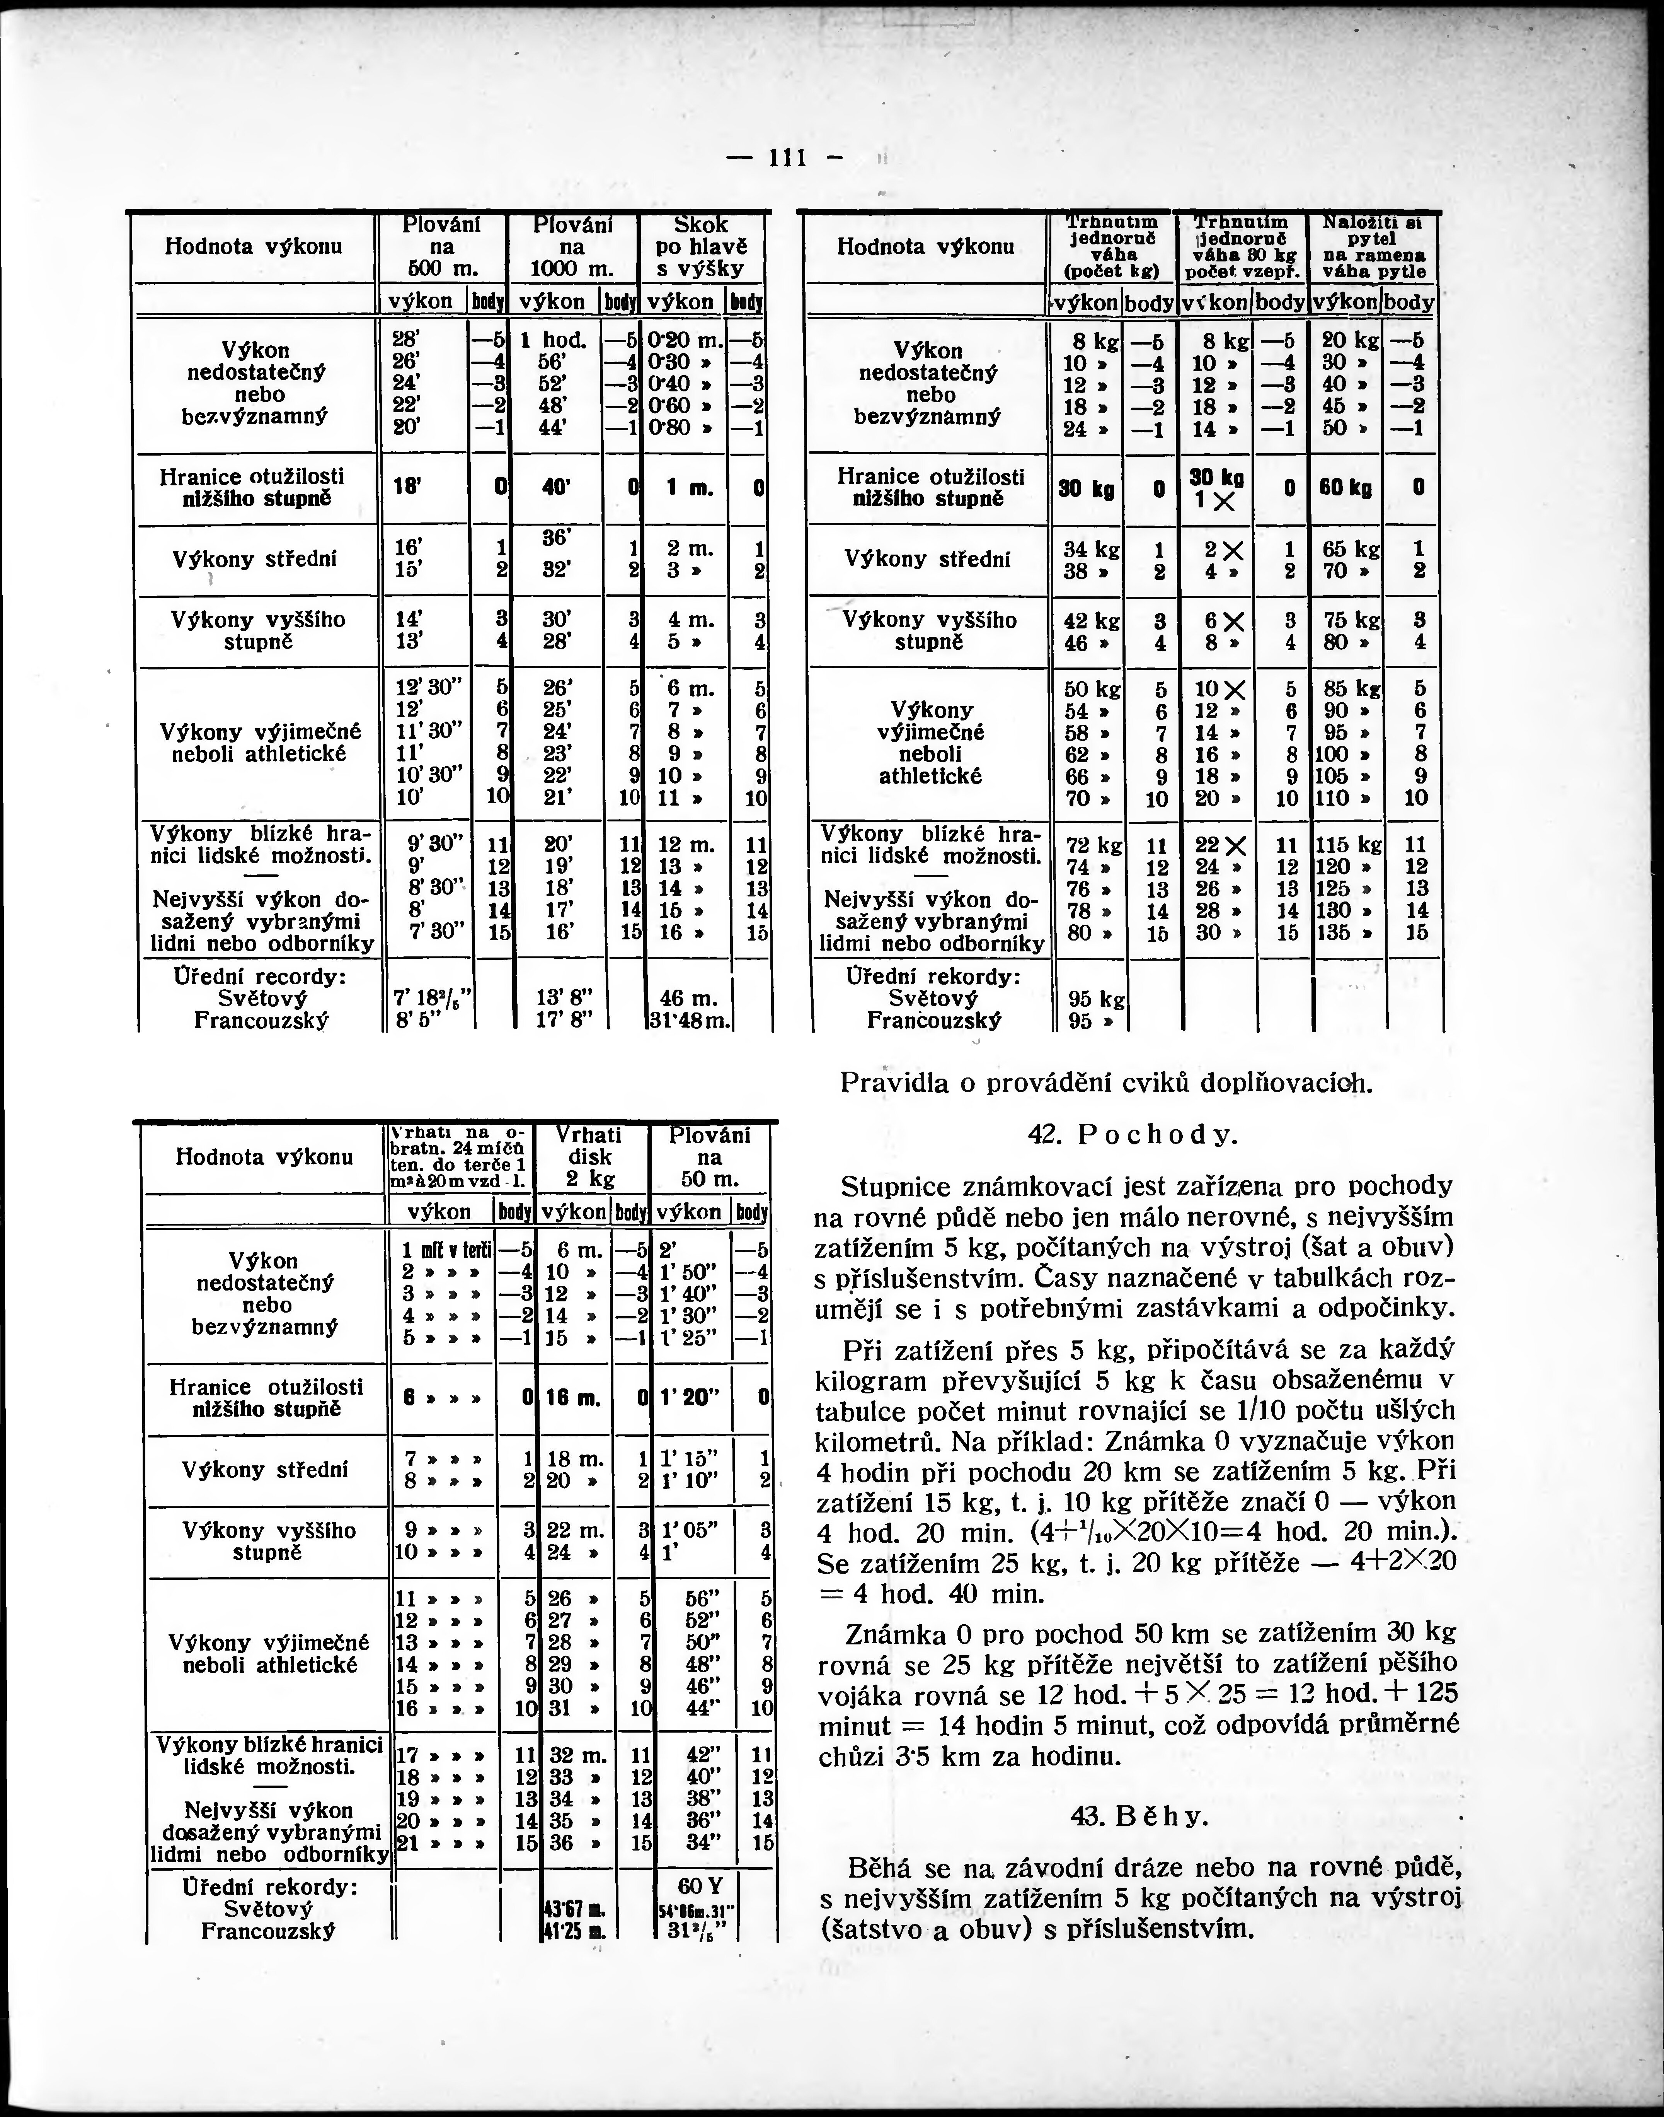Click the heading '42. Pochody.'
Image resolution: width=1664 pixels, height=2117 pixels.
pyautogui.click(x=1132, y=1135)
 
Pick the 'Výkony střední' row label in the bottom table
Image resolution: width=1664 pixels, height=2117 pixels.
pyautogui.click(x=265, y=1470)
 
